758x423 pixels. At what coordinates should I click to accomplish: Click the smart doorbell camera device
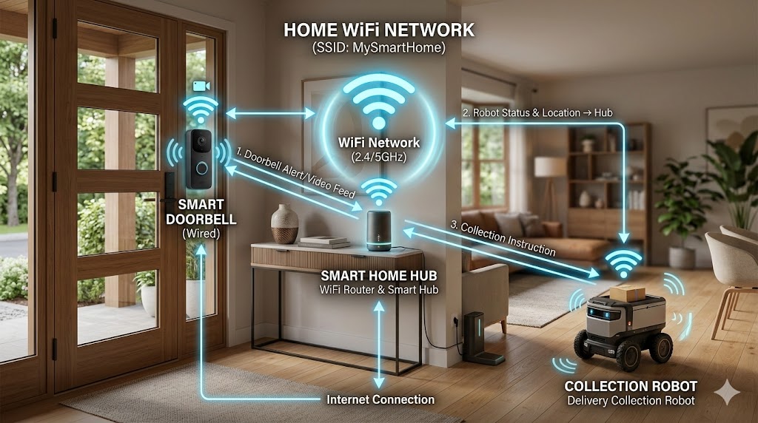[198, 160]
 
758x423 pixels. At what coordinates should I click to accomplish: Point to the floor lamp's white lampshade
[549, 167]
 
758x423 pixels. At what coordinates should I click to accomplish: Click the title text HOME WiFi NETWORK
[380, 31]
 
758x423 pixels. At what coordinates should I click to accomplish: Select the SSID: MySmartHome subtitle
[380, 50]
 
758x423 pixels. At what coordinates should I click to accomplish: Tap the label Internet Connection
[380, 399]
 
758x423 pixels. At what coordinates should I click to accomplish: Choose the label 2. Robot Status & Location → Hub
[537, 112]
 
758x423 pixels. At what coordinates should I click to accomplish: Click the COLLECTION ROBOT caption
[630, 386]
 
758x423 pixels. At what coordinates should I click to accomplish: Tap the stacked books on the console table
[324, 240]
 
